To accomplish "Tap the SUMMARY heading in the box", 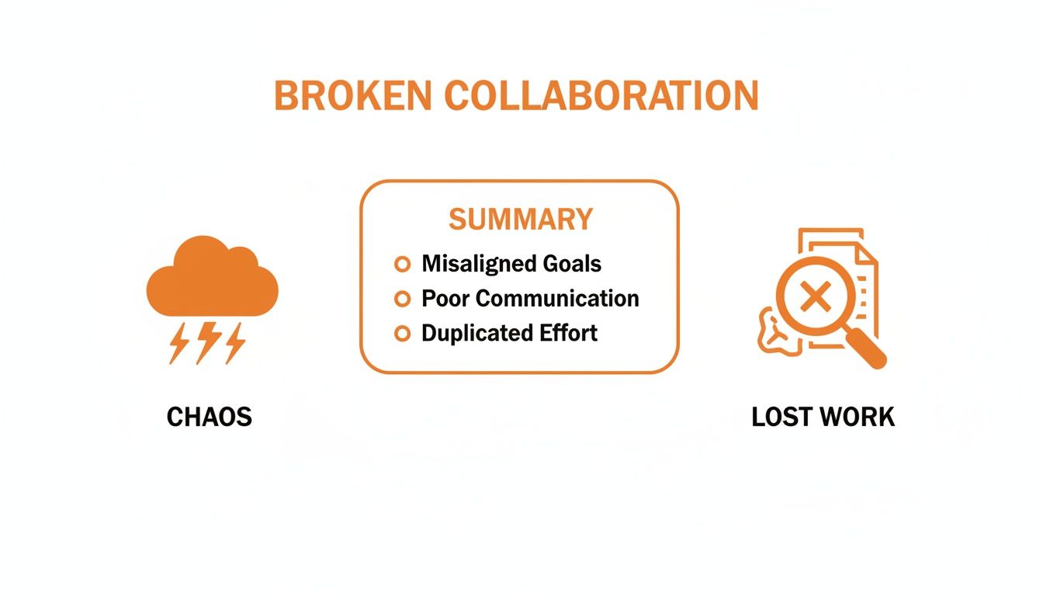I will click(520, 220).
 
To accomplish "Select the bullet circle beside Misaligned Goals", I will click(402, 264).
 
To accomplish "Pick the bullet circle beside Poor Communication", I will click(402, 299).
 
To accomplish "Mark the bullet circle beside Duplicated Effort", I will click(402, 334).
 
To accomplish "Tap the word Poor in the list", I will click(446, 299).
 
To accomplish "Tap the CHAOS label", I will click(210, 418).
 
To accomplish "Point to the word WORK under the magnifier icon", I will click(858, 418).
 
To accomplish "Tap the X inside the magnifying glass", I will click(813, 297).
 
